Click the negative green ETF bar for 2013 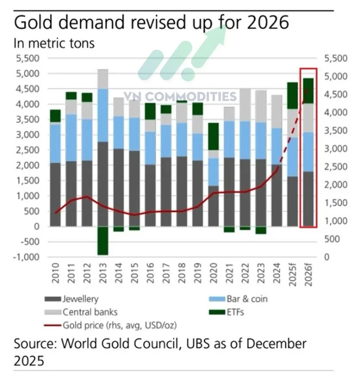pyautogui.click(x=103, y=241)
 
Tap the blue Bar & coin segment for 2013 pyautogui.click(x=103, y=115)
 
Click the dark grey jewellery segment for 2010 pyautogui.click(x=55, y=194)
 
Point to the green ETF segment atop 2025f pyautogui.click(x=293, y=95)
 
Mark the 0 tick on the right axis pyautogui.click(x=327, y=257)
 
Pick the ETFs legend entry pyautogui.click(x=234, y=311)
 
